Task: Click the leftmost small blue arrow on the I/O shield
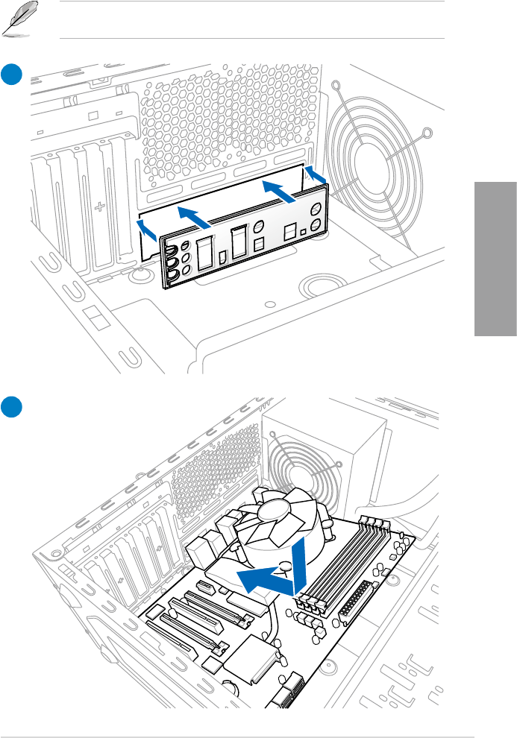(147, 231)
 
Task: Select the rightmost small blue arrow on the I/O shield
(316, 175)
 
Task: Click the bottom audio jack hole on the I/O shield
(172, 277)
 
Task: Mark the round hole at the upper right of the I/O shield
(318, 225)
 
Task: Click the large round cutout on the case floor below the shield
(318, 286)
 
